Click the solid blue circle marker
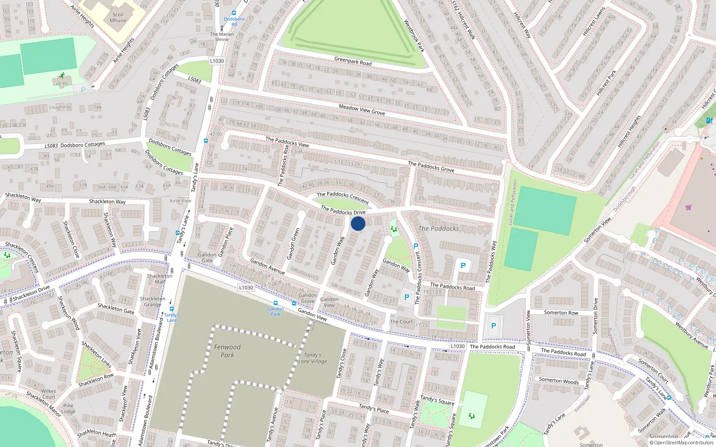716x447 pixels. click(358, 223)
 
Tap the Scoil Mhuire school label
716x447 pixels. click(118, 17)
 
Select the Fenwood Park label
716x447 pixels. click(227, 351)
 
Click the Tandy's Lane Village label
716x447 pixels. click(312, 358)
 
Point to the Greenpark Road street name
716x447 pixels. click(353, 61)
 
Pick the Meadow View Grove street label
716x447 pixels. click(362, 110)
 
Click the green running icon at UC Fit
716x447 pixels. click(62, 76)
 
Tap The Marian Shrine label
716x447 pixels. click(222, 37)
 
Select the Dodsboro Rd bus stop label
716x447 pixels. click(234, 21)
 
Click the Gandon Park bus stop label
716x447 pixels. click(276, 311)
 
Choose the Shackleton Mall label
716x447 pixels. click(160, 278)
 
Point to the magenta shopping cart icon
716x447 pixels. click(688, 207)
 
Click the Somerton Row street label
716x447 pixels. click(561, 313)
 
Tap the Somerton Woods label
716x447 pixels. click(558, 381)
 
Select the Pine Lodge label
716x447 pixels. click(68, 409)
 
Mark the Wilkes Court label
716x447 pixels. click(49, 394)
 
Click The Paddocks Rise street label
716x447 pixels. click(283, 165)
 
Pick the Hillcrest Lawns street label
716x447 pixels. click(594, 21)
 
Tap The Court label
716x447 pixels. click(401, 321)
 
